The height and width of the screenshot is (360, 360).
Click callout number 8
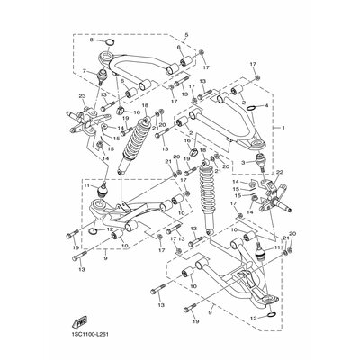[x=91, y=41]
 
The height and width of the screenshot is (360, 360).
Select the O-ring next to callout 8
[x=106, y=42]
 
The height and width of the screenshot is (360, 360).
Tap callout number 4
[x=267, y=105]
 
